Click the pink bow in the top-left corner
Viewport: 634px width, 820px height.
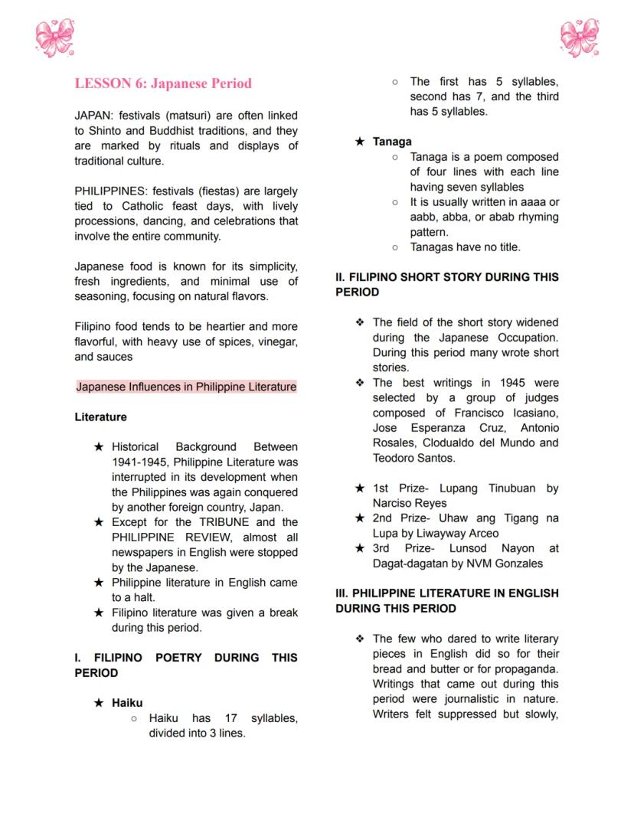coord(54,39)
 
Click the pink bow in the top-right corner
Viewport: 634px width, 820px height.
coord(579,39)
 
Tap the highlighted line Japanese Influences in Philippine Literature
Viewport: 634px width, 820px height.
coord(186,387)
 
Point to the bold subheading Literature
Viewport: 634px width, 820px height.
coord(100,417)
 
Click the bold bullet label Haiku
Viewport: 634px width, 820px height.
coord(127,703)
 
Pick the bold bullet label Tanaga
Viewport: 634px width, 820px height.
coord(392,142)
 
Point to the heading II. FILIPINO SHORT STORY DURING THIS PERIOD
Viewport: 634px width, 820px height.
coord(447,284)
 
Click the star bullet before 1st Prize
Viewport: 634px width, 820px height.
coord(360,488)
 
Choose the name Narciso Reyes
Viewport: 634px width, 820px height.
coord(410,503)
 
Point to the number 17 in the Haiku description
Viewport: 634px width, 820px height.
coord(232,718)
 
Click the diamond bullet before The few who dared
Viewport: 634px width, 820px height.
coord(360,639)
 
